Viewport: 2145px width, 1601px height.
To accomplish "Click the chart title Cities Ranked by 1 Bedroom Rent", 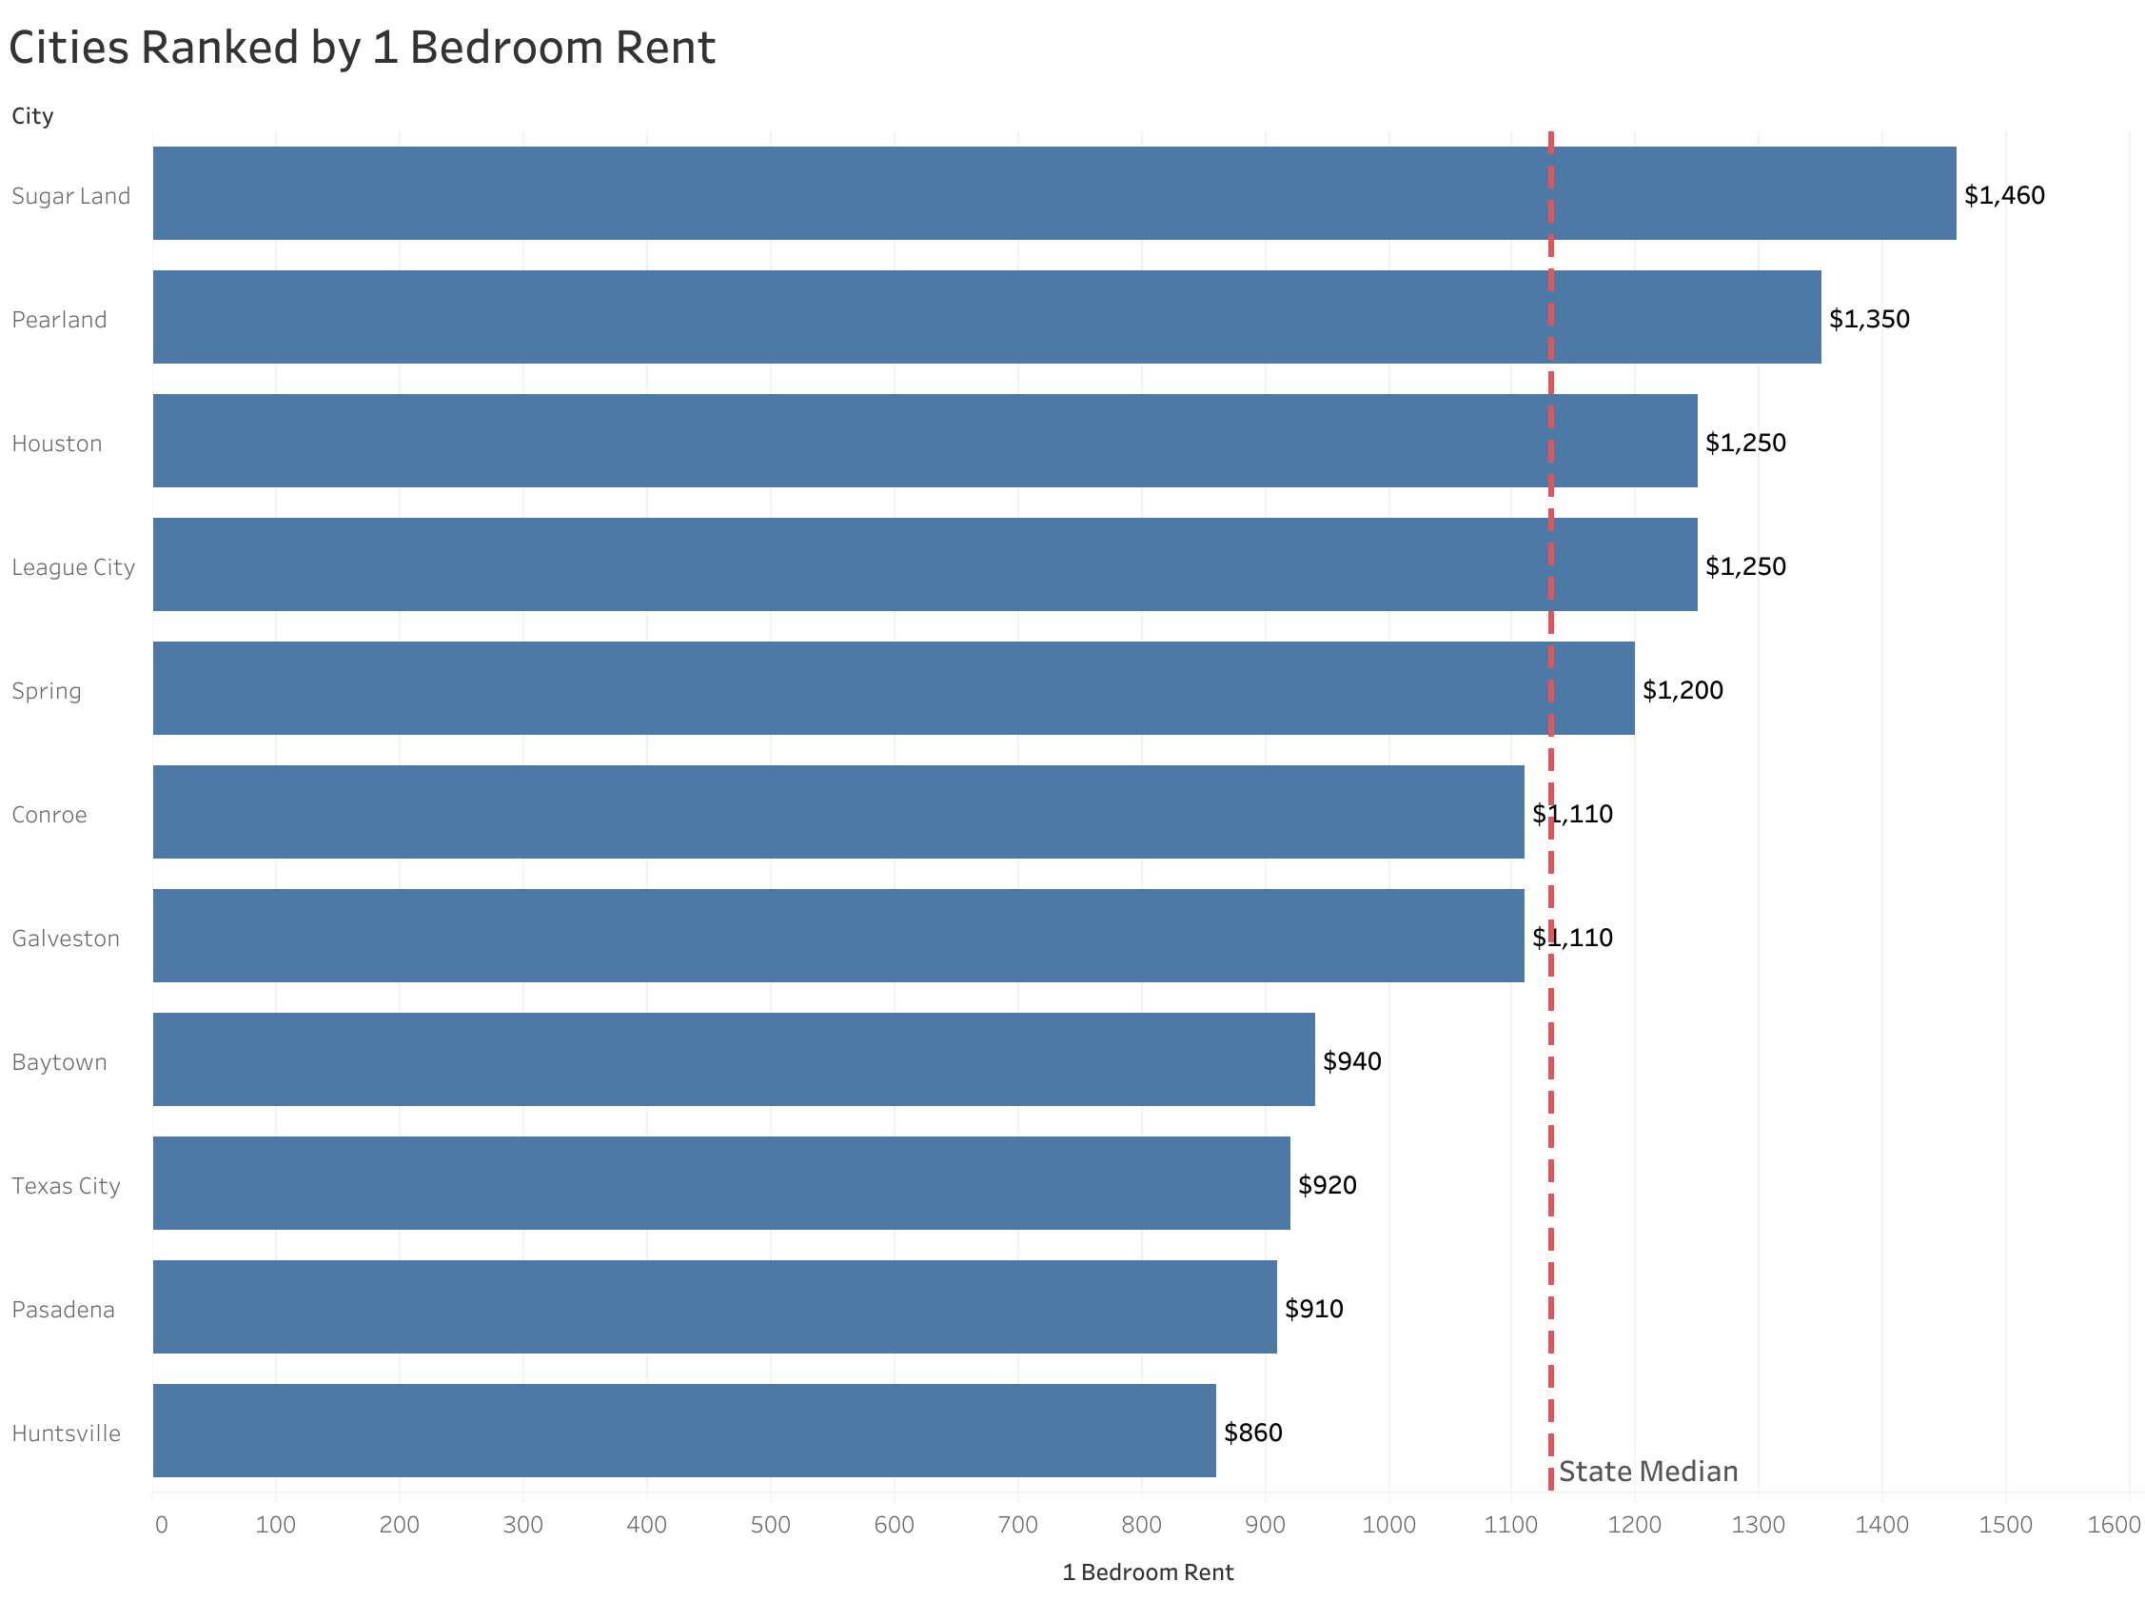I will tap(362, 48).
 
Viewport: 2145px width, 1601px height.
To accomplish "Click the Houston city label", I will tap(56, 443).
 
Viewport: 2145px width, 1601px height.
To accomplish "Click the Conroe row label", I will tap(49, 814).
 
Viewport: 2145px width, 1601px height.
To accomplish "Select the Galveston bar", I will tap(837, 936).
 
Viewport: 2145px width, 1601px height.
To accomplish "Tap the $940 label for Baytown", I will tap(1350, 1061).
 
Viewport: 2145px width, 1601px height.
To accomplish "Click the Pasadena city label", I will tap(63, 1310).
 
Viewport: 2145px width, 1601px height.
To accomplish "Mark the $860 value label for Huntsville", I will tap(1251, 1433).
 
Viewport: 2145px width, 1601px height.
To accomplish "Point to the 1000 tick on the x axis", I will tap(1387, 1525).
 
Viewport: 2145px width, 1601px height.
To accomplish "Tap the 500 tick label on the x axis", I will tap(770, 1525).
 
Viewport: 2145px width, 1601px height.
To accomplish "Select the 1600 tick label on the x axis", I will tap(2112, 1525).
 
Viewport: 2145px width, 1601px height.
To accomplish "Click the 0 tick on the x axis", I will tap(161, 1525).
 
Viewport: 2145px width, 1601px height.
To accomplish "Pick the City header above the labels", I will tap(32, 116).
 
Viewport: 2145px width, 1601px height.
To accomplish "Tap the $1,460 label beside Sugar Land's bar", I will tap(2002, 195).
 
